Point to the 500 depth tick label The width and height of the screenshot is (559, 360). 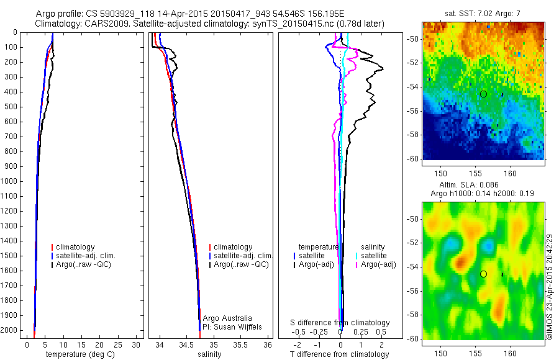click(x=11, y=107)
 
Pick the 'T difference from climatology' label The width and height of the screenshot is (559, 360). click(x=339, y=354)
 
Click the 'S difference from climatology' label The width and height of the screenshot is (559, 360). click(x=340, y=323)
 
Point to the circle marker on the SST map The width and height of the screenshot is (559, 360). click(x=483, y=94)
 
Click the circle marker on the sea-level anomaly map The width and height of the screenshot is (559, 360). click(x=483, y=274)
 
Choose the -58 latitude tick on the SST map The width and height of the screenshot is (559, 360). click(x=414, y=135)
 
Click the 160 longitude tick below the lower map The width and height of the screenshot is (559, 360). click(x=510, y=353)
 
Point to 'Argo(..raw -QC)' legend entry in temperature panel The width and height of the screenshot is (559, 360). click(x=84, y=265)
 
